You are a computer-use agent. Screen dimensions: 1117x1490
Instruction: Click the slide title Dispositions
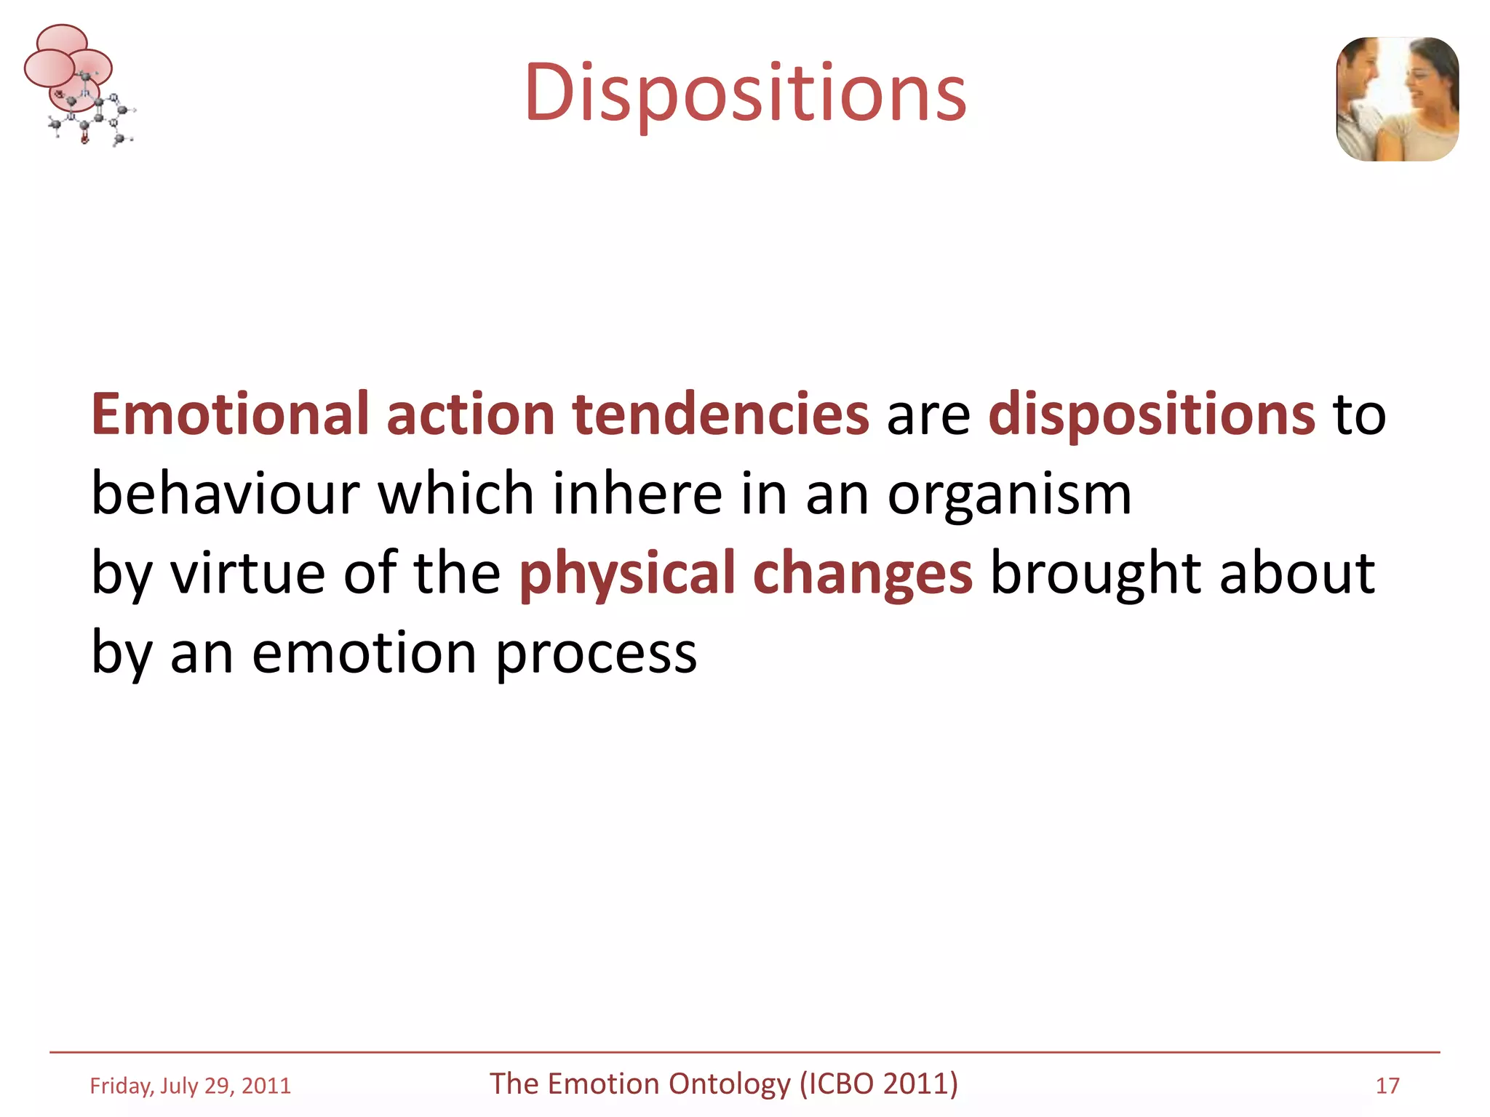(745, 93)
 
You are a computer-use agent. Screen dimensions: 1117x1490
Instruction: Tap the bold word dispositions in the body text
(1151, 414)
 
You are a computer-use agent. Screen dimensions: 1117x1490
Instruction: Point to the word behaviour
(226, 494)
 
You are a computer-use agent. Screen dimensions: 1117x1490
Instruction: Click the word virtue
(247, 573)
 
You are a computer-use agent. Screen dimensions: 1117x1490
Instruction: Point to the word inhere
(637, 494)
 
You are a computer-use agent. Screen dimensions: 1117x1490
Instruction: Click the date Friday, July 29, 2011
(190, 1086)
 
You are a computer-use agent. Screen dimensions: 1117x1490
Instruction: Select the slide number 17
(1387, 1086)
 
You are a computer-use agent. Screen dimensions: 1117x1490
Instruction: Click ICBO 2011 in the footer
(879, 1084)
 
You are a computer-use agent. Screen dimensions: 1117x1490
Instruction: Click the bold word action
(470, 414)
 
